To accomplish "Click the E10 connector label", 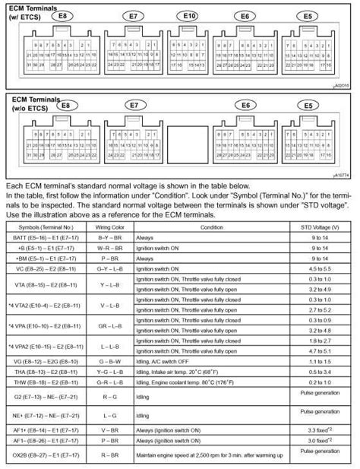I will [x=189, y=16].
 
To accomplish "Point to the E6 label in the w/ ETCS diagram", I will [x=245, y=16].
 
